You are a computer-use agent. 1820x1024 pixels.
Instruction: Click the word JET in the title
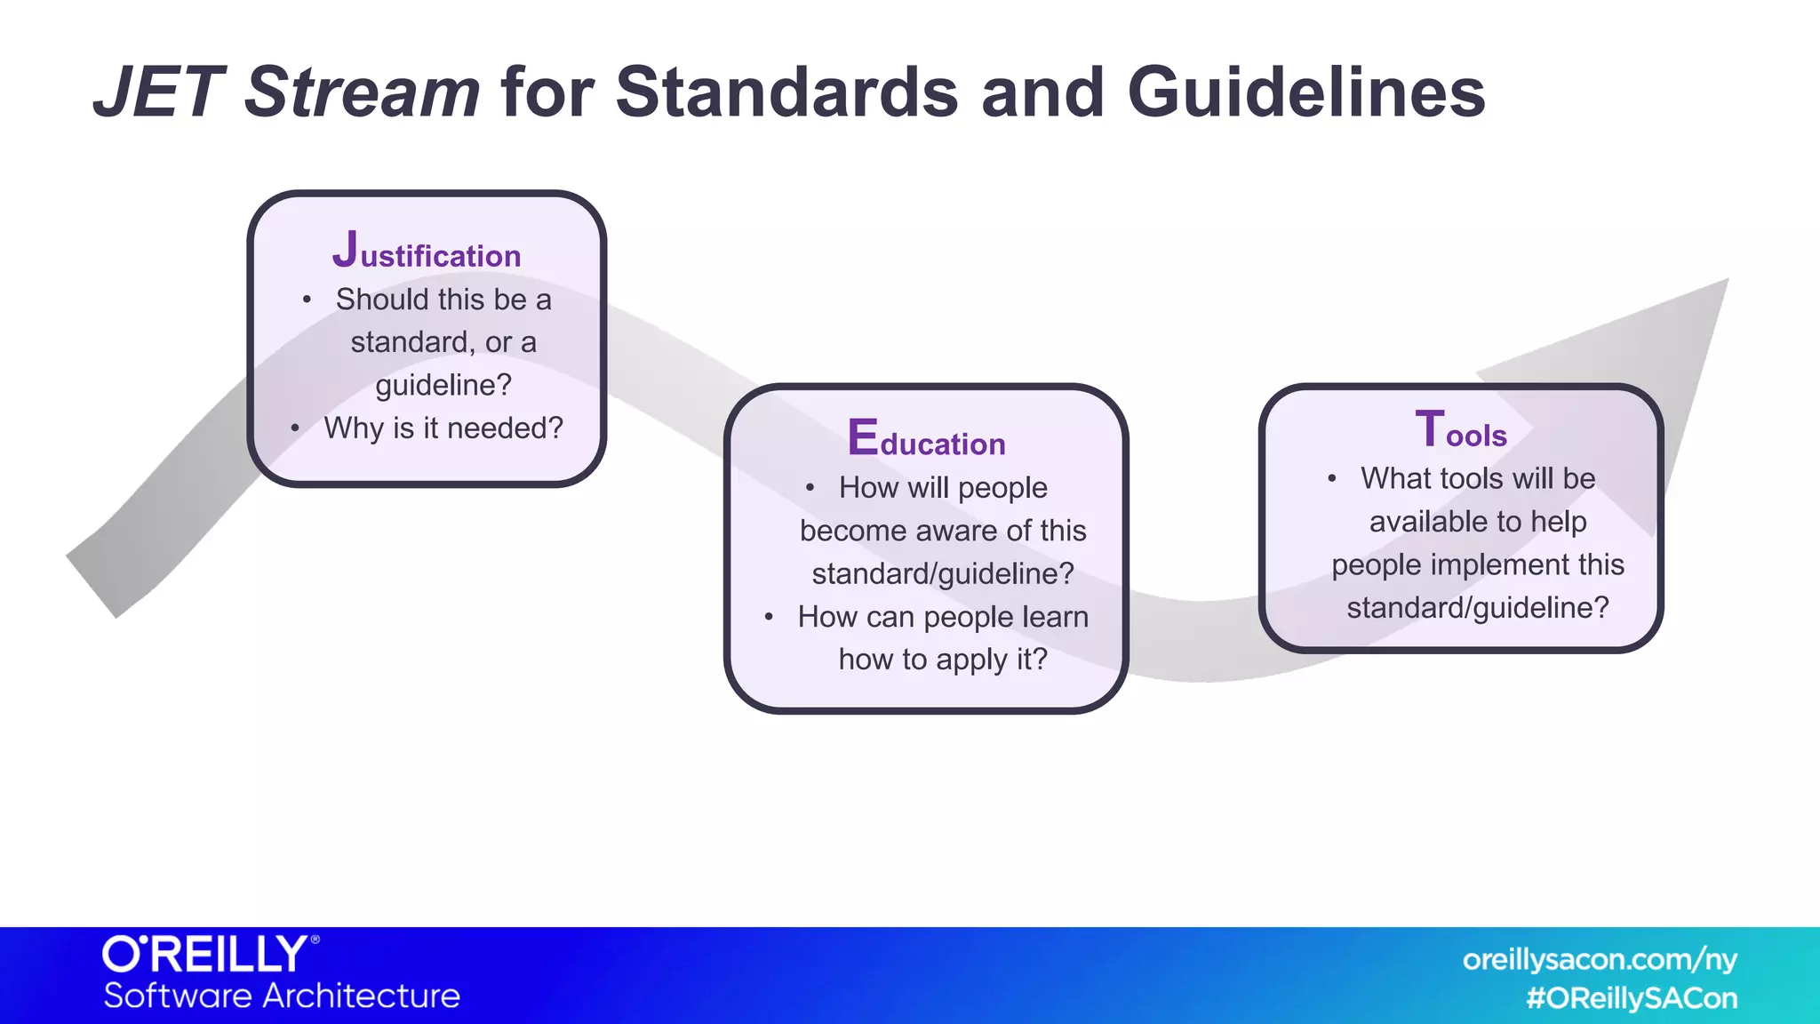point(158,92)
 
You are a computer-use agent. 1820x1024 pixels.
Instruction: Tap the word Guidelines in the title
point(1306,92)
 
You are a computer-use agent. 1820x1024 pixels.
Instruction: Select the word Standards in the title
point(787,92)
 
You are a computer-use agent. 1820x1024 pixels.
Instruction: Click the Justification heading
point(427,252)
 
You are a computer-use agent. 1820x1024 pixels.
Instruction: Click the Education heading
point(926,439)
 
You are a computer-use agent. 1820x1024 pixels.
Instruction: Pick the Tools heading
point(1461,430)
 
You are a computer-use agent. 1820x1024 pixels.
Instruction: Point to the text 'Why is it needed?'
point(443,428)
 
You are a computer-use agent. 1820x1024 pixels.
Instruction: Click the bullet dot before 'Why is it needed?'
point(295,429)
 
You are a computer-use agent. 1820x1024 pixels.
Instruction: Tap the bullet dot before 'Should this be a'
point(307,300)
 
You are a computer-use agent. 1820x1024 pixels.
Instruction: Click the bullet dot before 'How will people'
point(810,488)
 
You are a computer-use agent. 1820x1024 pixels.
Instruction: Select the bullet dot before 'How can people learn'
point(769,617)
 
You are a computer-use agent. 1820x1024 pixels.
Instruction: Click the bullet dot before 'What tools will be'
point(1331,479)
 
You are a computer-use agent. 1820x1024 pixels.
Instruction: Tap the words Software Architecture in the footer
point(282,996)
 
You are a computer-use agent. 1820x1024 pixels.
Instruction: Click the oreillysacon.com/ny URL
point(1600,960)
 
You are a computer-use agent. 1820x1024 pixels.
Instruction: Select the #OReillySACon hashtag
point(1632,998)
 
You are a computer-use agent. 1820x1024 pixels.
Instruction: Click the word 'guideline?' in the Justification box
point(443,385)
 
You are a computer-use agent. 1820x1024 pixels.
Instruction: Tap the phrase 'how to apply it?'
point(943,660)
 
